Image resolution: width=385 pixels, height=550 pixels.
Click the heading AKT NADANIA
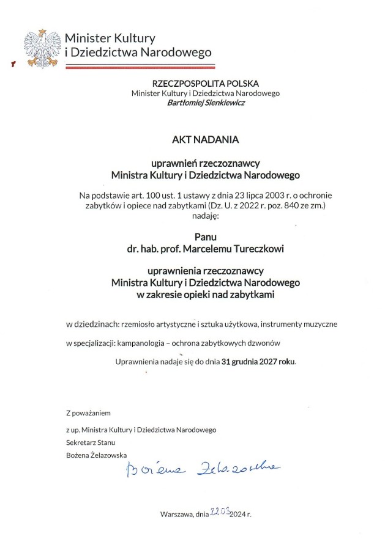(x=205, y=139)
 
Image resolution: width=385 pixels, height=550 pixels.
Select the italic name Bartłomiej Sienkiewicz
(x=205, y=103)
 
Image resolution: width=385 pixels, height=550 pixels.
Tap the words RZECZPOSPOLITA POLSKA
(x=205, y=83)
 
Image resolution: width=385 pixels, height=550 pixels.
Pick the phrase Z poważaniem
(x=89, y=413)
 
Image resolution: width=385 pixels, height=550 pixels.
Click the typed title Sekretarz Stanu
(x=91, y=442)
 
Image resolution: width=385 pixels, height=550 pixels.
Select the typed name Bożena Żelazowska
(x=97, y=455)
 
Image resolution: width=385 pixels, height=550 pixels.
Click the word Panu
(x=206, y=237)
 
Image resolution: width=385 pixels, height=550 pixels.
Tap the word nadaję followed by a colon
(x=206, y=216)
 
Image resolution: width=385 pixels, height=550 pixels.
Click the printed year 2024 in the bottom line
(x=237, y=515)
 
